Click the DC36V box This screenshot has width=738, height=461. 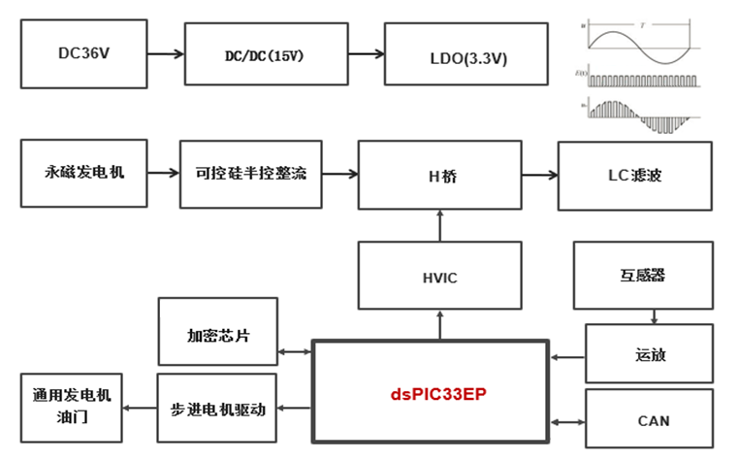pyautogui.click(x=83, y=53)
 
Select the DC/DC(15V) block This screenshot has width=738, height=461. pyautogui.click(x=258, y=56)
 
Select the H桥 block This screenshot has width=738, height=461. pyautogui.click(x=438, y=175)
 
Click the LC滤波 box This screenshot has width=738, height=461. pyautogui.click(x=634, y=176)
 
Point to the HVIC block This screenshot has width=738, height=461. pyautogui.click(x=438, y=277)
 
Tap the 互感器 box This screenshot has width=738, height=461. pyautogui.click(x=643, y=275)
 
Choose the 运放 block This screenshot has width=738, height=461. pyautogui.click(x=649, y=354)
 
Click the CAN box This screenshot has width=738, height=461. pyautogui.click(x=649, y=420)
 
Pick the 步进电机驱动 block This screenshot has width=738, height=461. pyautogui.click(x=217, y=408)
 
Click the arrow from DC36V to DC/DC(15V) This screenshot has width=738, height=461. pyautogui.click(x=164, y=54)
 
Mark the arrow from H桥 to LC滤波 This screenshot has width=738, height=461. pyautogui.click(x=538, y=176)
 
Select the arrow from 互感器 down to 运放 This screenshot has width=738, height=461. pyautogui.click(x=656, y=314)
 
